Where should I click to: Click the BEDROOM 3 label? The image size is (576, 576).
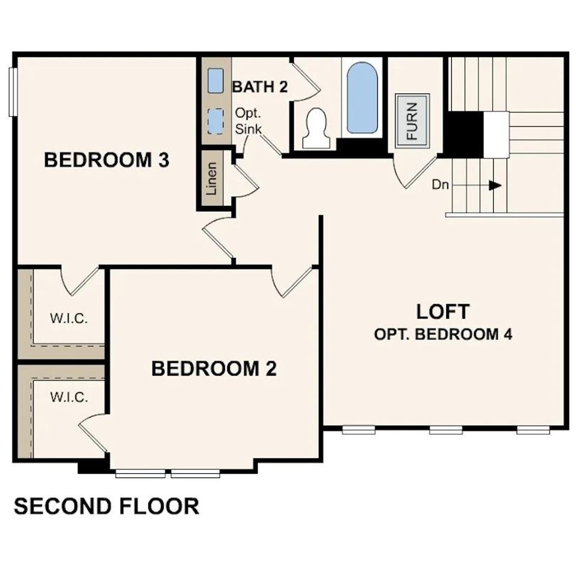(106, 160)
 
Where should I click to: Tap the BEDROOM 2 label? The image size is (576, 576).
(214, 368)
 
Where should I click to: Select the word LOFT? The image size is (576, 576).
(443, 312)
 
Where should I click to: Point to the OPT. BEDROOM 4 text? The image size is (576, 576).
(443, 334)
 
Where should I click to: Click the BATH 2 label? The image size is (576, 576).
(260, 87)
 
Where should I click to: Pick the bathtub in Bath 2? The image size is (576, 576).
(362, 97)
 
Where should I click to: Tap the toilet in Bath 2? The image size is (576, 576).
(316, 128)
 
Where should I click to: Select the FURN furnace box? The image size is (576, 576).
(412, 121)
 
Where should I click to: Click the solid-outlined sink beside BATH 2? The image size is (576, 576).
(215, 80)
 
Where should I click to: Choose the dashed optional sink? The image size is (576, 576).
(215, 121)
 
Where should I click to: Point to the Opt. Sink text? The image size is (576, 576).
(248, 121)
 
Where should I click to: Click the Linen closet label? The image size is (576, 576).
(211, 178)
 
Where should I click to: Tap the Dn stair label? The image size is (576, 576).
(440, 184)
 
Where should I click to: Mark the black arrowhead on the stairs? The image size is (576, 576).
(495, 186)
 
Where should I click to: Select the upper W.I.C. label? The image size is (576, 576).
(69, 318)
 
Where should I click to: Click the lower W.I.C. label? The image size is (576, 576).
(69, 397)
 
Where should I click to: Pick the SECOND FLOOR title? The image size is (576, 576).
(106, 506)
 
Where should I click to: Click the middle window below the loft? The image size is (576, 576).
(446, 430)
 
